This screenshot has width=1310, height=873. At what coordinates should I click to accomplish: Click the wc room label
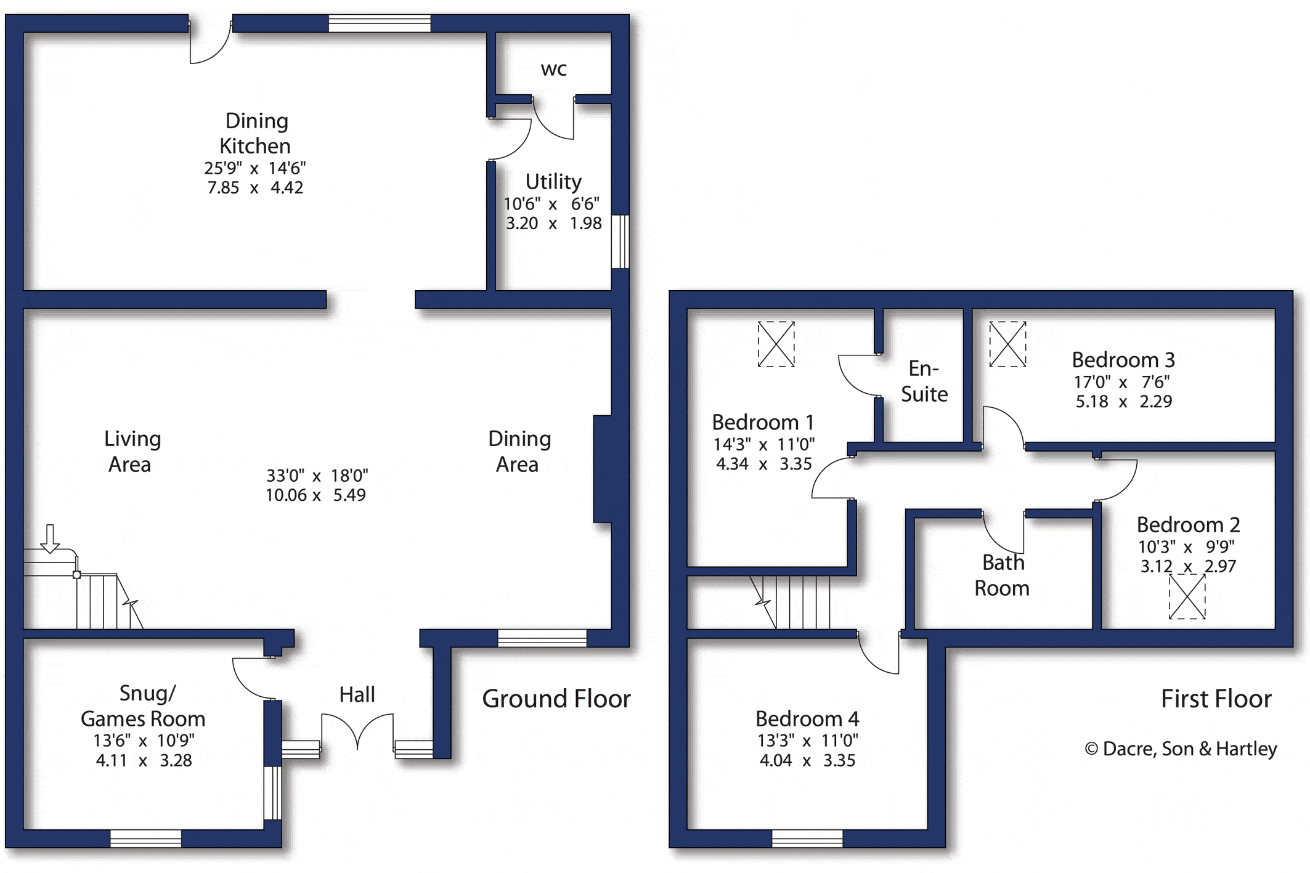(x=553, y=70)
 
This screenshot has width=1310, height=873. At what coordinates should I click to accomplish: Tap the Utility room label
(x=553, y=182)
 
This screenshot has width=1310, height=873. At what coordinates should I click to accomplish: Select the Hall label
(x=357, y=694)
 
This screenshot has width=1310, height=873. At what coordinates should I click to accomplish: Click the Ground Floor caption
(x=556, y=699)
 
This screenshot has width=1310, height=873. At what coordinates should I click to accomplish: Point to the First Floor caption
(x=1216, y=699)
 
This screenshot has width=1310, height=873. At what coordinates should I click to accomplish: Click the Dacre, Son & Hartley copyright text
(x=1181, y=749)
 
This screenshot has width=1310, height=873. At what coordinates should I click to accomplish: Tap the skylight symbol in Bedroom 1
(x=776, y=344)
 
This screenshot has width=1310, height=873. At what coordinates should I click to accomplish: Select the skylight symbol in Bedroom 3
(x=1007, y=344)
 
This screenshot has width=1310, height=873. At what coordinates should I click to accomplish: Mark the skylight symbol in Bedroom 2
(x=1187, y=596)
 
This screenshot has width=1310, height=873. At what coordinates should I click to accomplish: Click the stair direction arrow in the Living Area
(x=50, y=538)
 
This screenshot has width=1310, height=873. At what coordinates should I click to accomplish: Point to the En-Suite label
(x=924, y=381)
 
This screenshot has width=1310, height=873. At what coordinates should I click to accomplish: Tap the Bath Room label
(x=1002, y=575)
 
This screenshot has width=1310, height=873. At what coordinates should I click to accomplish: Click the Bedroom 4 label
(x=807, y=718)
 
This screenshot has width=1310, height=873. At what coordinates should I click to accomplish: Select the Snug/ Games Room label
(x=143, y=706)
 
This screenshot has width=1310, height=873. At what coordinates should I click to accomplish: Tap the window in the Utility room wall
(x=620, y=242)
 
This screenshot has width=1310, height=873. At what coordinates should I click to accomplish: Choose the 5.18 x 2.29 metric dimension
(x=1124, y=402)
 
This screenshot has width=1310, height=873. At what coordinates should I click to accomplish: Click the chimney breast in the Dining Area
(x=603, y=469)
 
